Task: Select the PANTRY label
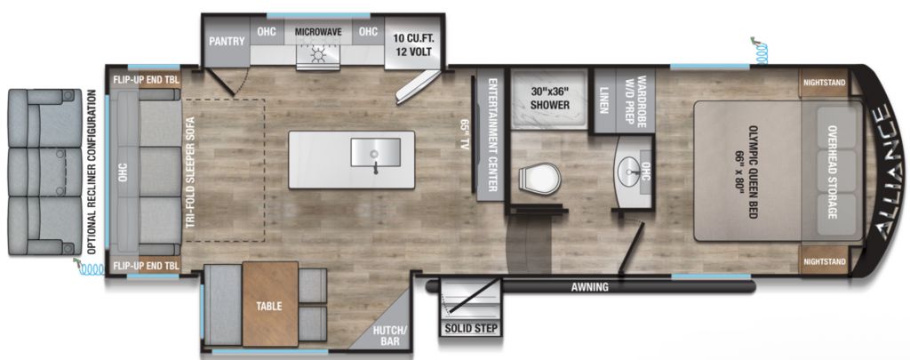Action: (227, 41)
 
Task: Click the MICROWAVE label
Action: (317, 31)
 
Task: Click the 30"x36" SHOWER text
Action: (548, 98)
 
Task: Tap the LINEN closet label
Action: (603, 100)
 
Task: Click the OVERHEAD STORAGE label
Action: (832, 172)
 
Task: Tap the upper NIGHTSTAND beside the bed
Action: (824, 83)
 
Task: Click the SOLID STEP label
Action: (471, 329)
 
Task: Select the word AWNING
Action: (590, 286)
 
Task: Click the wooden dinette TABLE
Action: (270, 304)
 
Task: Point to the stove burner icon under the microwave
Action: (317, 56)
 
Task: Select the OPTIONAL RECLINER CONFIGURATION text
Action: (92, 172)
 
